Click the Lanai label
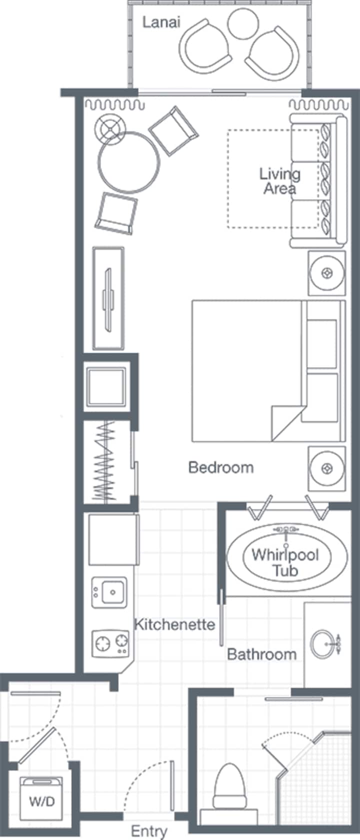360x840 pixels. click(161, 23)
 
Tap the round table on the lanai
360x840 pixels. click(243, 23)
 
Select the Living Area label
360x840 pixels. click(280, 181)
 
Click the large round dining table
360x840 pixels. click(129, 162)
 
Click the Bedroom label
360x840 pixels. click(220, 467)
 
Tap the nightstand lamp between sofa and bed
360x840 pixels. click(326, 273)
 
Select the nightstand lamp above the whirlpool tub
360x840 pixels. click(326, 468)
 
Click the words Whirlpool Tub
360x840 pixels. click(285, 562)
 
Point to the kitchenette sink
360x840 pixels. click(109, 592)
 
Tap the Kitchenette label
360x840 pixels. click(174, 624)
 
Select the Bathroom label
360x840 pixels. click(262, 654)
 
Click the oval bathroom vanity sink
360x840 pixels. click(323, 644)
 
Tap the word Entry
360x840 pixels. click(148, 831)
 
